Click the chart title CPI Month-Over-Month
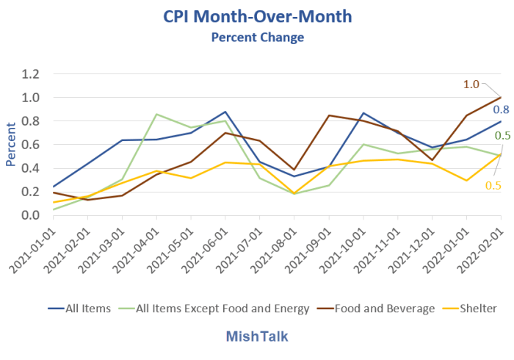(x=257, y=15)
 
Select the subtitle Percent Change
(x=257, y=37)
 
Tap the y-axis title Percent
(x=11, y=145)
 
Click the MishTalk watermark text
(x=257, y=336)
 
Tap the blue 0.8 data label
(x=502, y=110)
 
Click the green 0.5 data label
(x=503, y=135)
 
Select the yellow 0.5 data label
(x=492, y=186)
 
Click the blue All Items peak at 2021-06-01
(x=225, y=112)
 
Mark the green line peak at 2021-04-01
(x=156, y=114)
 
